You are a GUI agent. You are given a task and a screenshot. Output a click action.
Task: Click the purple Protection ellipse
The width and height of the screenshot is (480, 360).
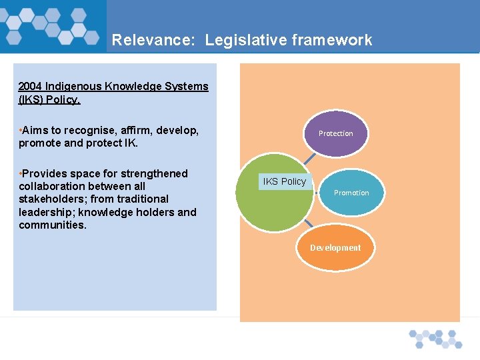tap(335, 133)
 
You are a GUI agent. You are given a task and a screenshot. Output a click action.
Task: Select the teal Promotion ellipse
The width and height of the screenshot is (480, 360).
tap(351, 193)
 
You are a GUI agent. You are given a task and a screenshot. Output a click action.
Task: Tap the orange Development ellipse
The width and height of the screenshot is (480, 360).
tap(335, 248)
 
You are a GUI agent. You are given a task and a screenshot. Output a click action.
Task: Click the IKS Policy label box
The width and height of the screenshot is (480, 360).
tap(285, 181)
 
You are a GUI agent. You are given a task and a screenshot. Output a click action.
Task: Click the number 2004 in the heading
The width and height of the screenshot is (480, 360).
tap(31, 87)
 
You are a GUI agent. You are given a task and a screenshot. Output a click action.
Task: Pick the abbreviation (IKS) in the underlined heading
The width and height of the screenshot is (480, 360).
tap(32, 99)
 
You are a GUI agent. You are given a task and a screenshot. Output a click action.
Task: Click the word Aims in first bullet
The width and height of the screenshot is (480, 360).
tap(35, 131)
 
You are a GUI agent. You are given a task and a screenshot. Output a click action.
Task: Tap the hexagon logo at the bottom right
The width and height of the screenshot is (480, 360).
tap(435, 338)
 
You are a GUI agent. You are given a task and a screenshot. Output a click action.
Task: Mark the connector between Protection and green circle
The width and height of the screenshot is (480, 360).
tap(308, 159)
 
